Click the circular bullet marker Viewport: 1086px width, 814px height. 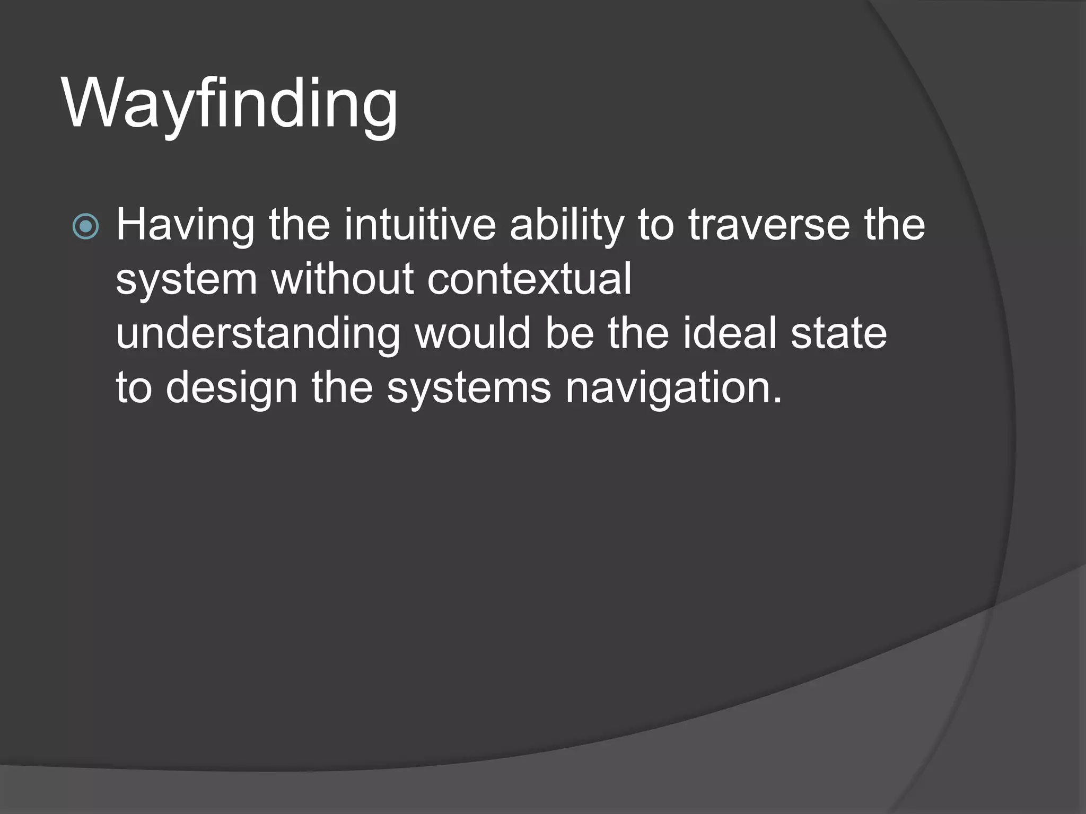coord(85,227)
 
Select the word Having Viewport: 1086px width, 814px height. coord(185,225)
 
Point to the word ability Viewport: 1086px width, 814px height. coord(566,225)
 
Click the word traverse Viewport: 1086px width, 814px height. coord(769,225)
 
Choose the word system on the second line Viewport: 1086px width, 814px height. coord(186,280)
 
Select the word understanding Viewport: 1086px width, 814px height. coord(258,334)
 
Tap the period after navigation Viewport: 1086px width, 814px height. coord(777,401)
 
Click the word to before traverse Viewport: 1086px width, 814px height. coord(655,225)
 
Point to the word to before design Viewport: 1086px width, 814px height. coord(134,388)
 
